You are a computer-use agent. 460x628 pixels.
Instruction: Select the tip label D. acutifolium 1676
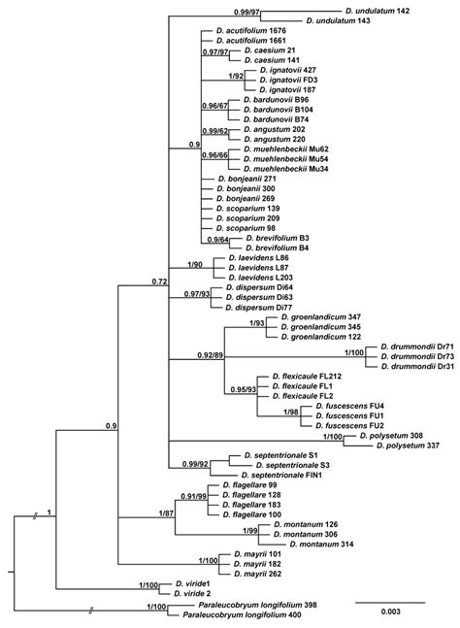(x=247, y=31)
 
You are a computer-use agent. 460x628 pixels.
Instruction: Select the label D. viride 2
(x=194, y=591)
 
